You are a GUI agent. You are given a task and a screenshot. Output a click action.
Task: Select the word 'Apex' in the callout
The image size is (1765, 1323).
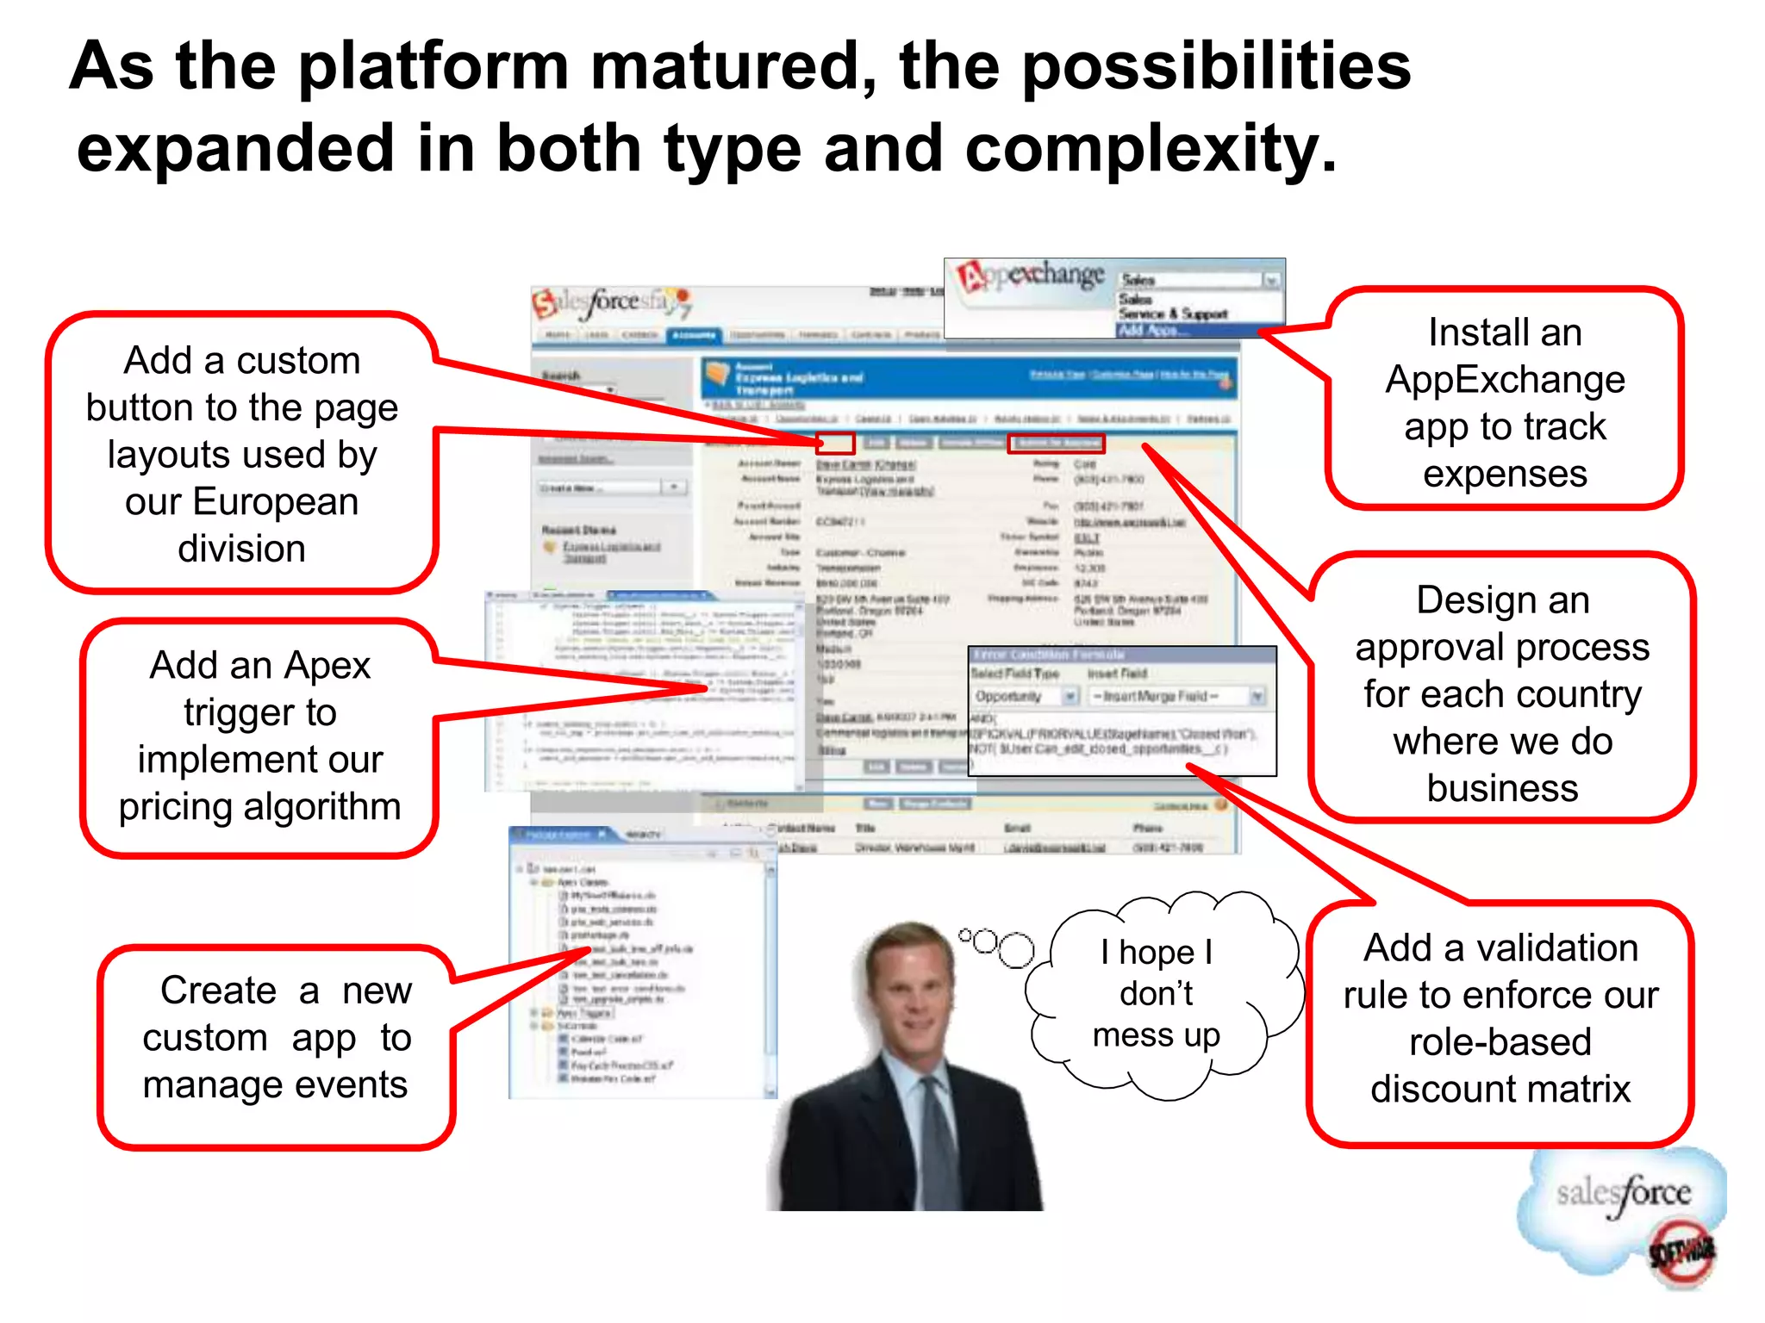pyautogui.click(x=327, y=665)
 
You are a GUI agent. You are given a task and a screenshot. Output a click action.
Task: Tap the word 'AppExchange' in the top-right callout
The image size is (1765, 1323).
pyautogui.click(x=1505, y=380)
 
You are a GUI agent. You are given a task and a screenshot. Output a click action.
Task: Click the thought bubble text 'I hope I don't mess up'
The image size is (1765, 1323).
pyautogui.click(x=1156, y=993)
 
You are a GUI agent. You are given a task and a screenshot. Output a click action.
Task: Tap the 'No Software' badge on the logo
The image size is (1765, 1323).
pyautogui.click(x=1681, y=1253)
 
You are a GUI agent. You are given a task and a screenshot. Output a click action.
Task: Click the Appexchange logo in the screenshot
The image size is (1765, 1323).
pyautogui.click(x=1030, y=276)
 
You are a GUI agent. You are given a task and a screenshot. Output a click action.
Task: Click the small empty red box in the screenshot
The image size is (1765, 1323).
pyautogui.click(x=835, y=443)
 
